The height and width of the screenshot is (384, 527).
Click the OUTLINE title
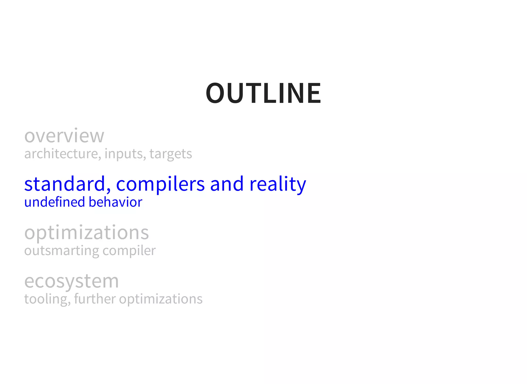263,93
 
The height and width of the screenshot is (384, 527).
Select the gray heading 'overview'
64,136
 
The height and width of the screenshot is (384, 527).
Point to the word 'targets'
171,154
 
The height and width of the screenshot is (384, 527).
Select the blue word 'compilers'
160,184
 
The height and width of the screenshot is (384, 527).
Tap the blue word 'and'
227,184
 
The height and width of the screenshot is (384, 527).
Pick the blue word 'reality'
278,184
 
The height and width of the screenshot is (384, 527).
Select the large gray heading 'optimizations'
86,233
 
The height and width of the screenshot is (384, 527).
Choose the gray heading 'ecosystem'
72,281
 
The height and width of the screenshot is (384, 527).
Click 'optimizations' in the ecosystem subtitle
161,299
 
